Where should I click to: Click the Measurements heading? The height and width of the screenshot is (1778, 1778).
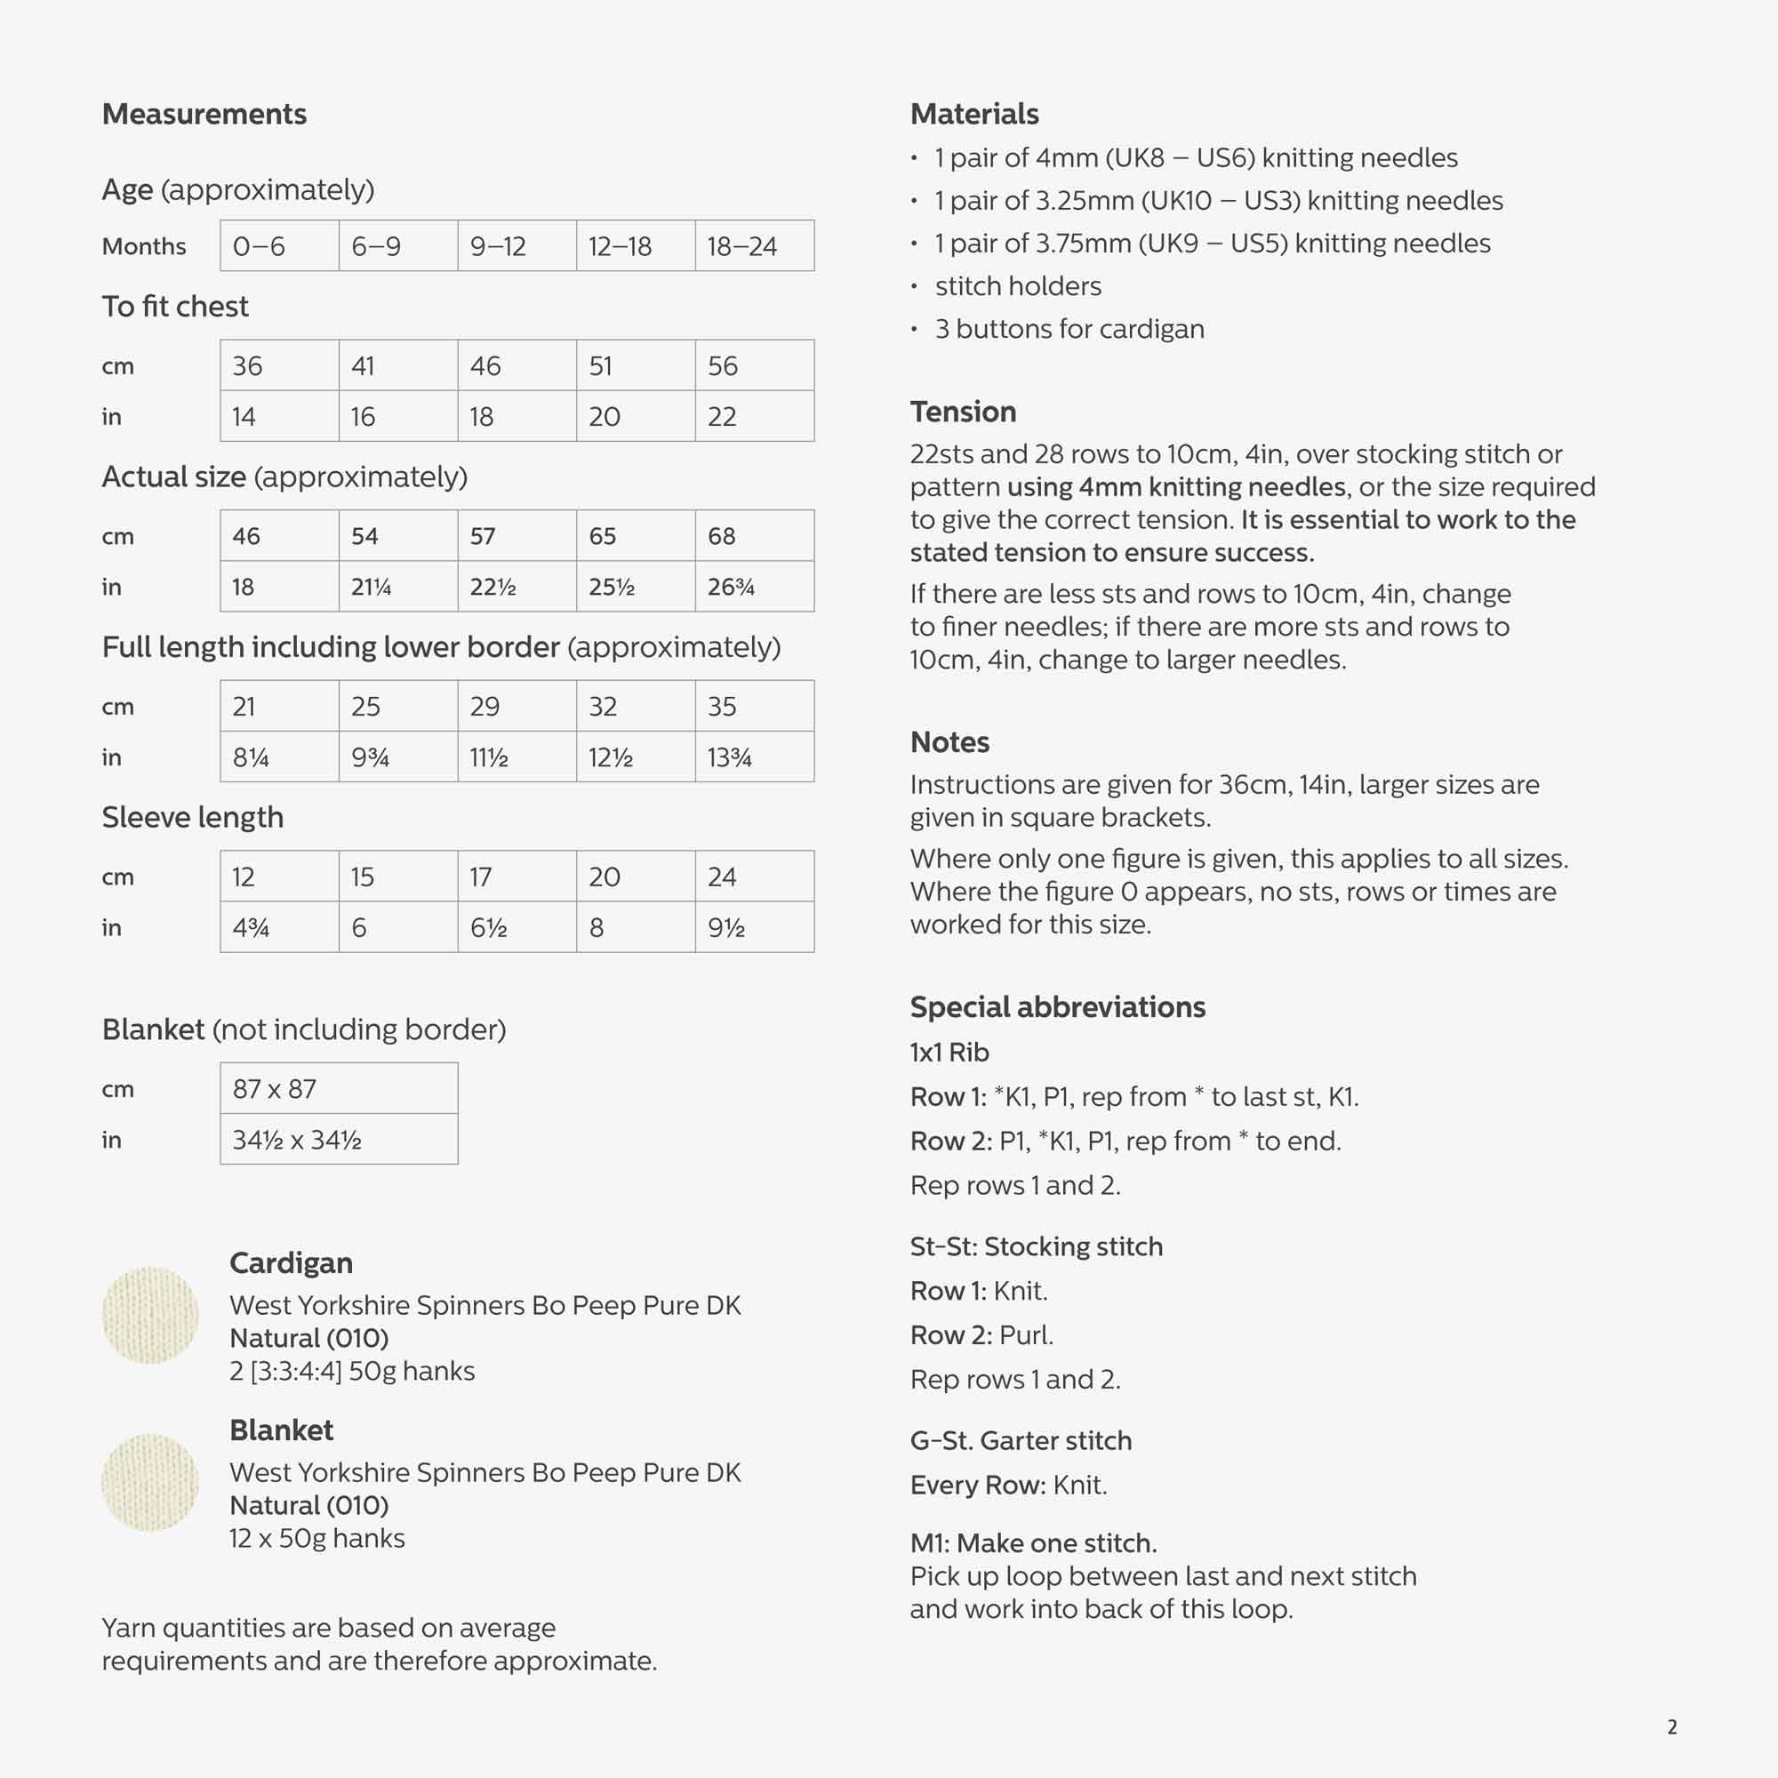point(204,114)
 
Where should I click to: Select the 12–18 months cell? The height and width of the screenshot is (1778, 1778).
point(635,245)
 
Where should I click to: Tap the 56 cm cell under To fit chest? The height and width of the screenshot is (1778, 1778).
point(754,365)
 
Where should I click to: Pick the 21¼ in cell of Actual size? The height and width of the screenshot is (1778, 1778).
point(397,586)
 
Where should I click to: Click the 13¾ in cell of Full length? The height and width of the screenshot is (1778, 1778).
point(754,757)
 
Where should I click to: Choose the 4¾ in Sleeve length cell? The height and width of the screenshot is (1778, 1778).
point(279,927)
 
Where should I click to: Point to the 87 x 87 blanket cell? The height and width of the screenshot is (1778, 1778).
point(339,1089)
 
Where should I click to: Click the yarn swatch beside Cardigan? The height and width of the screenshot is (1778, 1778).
point(150,1315)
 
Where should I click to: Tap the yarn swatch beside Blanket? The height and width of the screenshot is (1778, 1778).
point(150,1483)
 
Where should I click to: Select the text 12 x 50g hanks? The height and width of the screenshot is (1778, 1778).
point(316,1538)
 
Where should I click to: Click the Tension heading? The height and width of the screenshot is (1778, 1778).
point(963,412)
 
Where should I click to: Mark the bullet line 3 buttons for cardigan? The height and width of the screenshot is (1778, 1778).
point(1069,329)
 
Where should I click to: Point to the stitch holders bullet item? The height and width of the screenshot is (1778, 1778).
point(1018,286)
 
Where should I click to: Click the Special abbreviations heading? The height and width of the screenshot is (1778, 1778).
point(1057,1007)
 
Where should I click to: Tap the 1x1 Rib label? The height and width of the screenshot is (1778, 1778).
point(949,1052)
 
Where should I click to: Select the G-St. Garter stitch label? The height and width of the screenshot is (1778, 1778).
point(1021,1440)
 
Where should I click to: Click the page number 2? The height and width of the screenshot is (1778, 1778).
point(1672,1726)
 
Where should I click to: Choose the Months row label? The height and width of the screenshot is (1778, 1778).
point(143,246)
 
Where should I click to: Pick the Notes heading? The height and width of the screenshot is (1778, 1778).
point(949,741)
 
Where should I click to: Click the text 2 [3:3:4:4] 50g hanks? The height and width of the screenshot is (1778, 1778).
point(351,1371)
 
